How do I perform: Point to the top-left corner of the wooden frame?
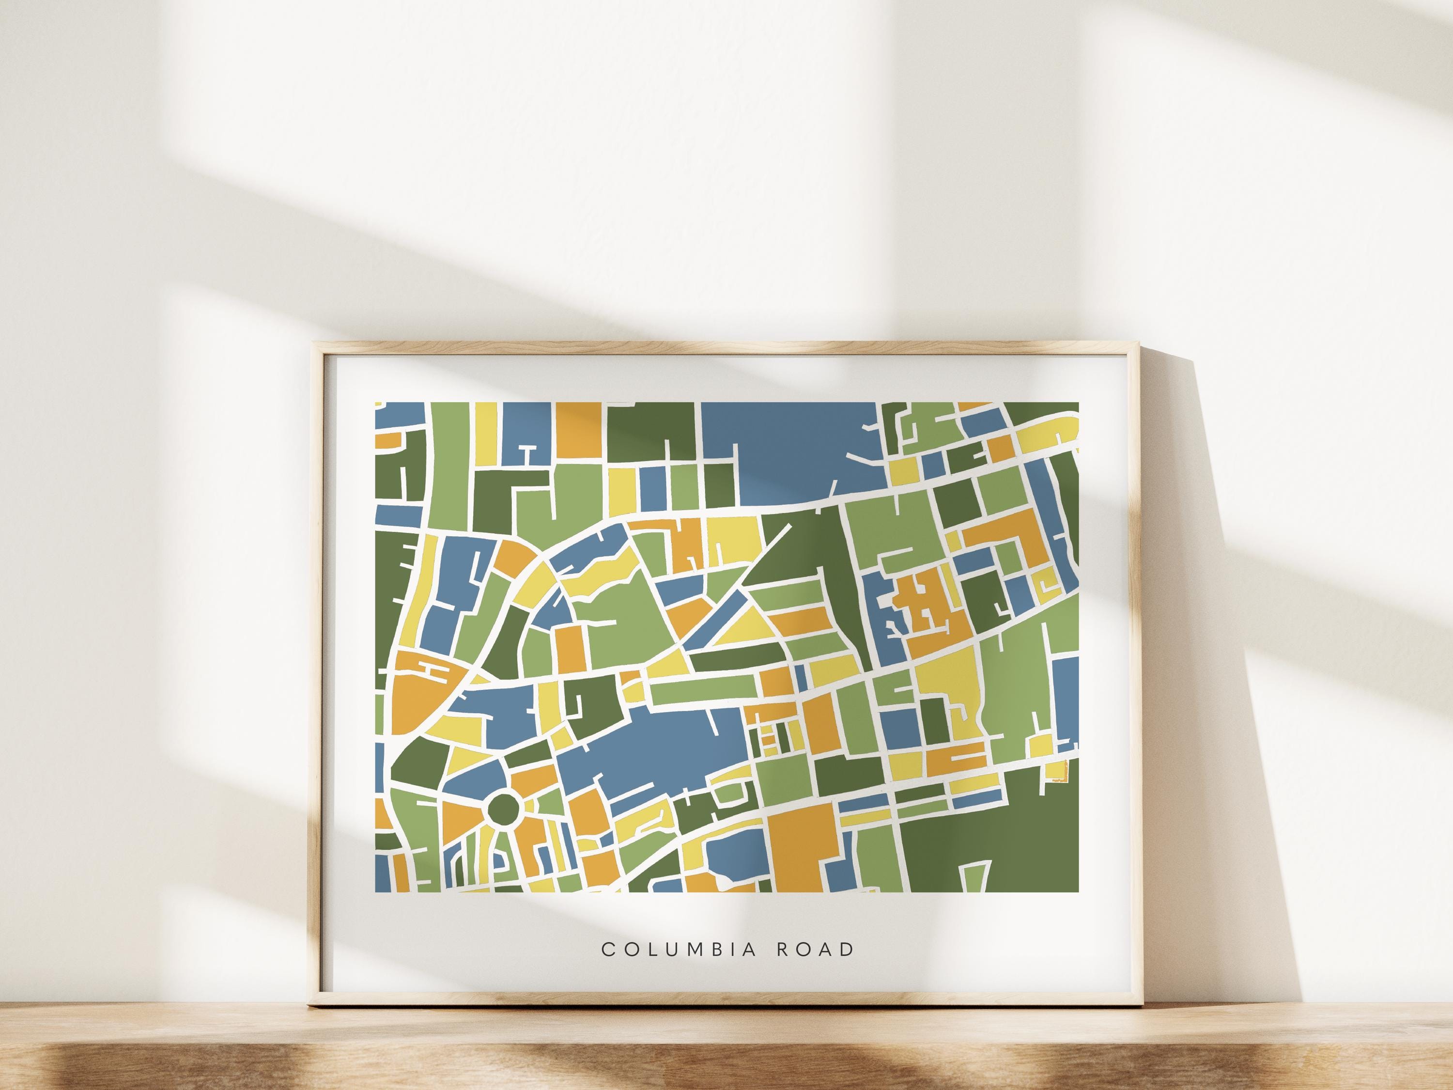pyautogui.click(x=315, y=344)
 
